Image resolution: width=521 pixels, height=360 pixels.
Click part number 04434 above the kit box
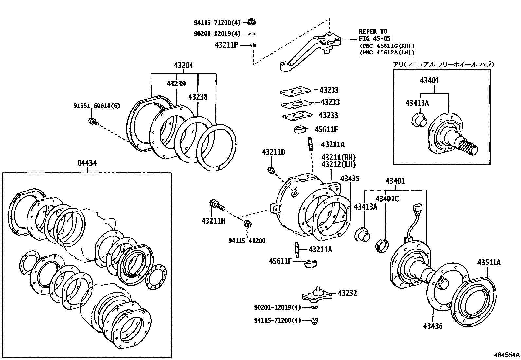(x=87, y=163)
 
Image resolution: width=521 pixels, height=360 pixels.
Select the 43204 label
(x=183, y=66)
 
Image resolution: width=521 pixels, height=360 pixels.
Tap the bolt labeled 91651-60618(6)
(x=92, y=122)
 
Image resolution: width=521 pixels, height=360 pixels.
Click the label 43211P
(x=226, y=45)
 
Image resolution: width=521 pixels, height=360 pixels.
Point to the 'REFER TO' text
(x=373, y=32)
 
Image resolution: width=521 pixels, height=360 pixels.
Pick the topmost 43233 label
(x=329, y=90)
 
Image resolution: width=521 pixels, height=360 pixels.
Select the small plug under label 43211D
(x=271, y=170)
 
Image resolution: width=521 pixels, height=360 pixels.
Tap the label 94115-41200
(x=247, y=241)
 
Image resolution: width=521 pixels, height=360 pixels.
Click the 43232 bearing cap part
(x=316, y=294)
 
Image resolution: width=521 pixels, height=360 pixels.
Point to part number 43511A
(x=489, y=262)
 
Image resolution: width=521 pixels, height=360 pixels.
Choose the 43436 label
(x=433, y=326)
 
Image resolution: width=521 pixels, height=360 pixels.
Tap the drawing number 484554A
(x=507, y=355)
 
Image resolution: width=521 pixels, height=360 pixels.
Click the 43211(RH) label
(x=338, y=158)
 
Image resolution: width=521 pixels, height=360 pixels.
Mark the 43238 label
(x=198, y=97)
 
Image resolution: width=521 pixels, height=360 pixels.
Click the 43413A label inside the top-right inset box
(x=417, y=103)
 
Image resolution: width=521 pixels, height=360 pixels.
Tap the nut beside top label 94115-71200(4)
(x=252, y=22)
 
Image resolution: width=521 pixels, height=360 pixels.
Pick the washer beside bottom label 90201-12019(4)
(x=314, y=307)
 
